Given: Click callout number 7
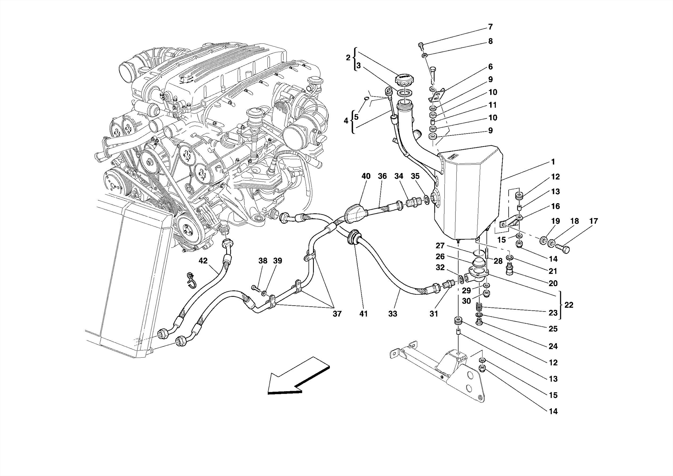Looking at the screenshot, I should tap(490, 27).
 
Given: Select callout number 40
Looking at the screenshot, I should tap(366, 176).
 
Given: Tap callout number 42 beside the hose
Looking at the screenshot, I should tap(203, 261).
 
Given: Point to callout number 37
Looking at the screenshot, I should tap(337, 314).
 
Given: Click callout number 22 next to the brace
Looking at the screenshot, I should tap(569, 305).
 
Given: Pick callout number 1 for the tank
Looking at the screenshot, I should tap(553, 162).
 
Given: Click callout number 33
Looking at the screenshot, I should tap(392, 314).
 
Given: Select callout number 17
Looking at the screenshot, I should tap(593, 221).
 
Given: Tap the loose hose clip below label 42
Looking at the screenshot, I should tap(190, 280).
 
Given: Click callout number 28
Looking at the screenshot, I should tap(498, 261).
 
